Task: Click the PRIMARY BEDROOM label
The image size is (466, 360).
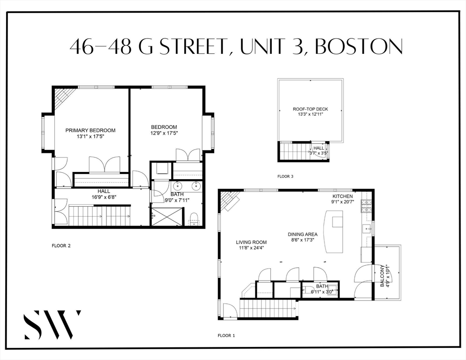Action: [90, 130]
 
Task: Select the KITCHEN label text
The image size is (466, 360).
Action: [343, 196]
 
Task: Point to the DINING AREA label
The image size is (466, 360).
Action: [302, 234]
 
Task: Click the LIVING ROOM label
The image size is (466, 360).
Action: [251, 242]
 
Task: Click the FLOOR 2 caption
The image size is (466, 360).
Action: [61, 245]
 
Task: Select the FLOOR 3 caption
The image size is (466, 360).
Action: [285, 177]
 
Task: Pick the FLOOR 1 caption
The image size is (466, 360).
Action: [227, 335]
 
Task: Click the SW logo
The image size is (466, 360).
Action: [53, 324]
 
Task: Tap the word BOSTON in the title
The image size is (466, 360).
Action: [359, 47]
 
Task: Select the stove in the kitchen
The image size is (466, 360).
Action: [366, 207]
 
